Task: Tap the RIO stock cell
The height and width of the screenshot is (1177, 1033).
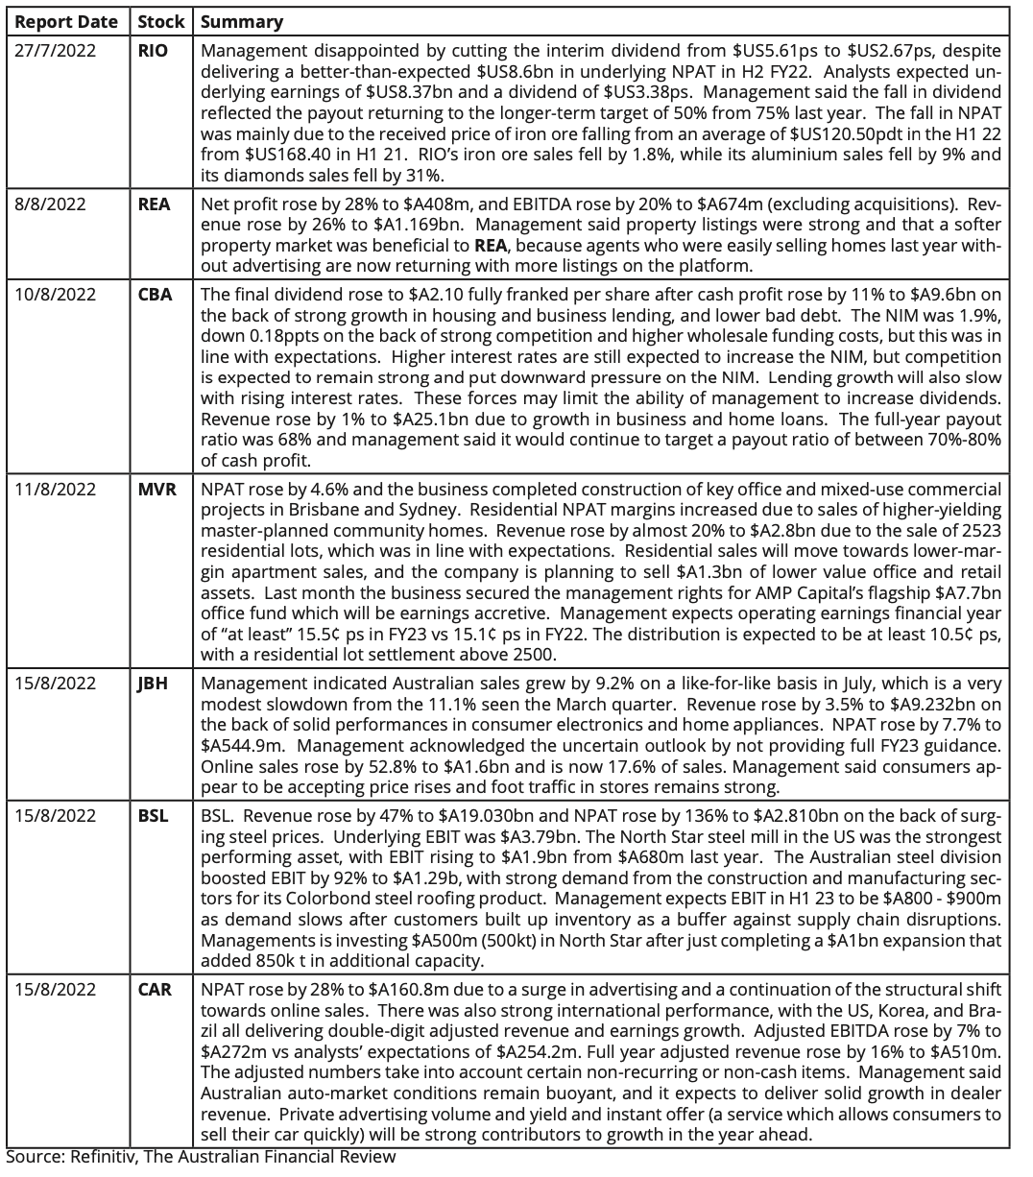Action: coord(153,51)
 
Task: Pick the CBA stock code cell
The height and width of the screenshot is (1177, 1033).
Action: coord(155,295)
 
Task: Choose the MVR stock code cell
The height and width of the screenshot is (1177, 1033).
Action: coord(156,489)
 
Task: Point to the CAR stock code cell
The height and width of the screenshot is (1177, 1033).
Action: coord(155,989)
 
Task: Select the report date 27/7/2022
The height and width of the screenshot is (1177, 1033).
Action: coord(56,51)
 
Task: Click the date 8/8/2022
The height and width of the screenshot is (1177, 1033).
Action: coord(48,204)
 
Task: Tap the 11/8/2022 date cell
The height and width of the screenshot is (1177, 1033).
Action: coord(56,489)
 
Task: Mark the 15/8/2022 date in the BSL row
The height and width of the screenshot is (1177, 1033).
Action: coord(56,816)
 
